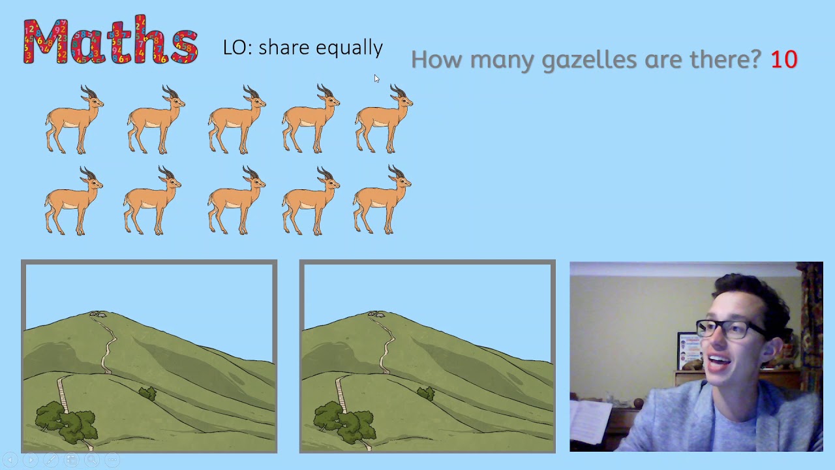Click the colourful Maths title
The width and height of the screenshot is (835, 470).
[x=110, y=41]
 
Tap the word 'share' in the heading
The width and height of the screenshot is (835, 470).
[x=284, y=47]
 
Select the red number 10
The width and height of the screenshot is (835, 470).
[x=783, y=59]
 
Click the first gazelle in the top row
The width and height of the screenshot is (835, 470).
[x=74, y=120]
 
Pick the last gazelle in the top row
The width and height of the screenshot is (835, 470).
[x=384, y=119]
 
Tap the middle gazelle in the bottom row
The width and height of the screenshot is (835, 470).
[x=236, y=201]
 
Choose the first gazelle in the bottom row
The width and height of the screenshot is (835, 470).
[x=73, y=201]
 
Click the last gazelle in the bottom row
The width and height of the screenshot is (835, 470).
[x=382, y=201]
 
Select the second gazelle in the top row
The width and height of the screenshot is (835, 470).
[x=156, y=120]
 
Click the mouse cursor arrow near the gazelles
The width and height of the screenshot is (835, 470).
[x=376, y=78]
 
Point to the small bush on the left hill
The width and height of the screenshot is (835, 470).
[x=148, y=394]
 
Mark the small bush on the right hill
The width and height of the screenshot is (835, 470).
[x=426, y=394]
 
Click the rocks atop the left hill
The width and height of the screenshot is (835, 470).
[x=99, y=315]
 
